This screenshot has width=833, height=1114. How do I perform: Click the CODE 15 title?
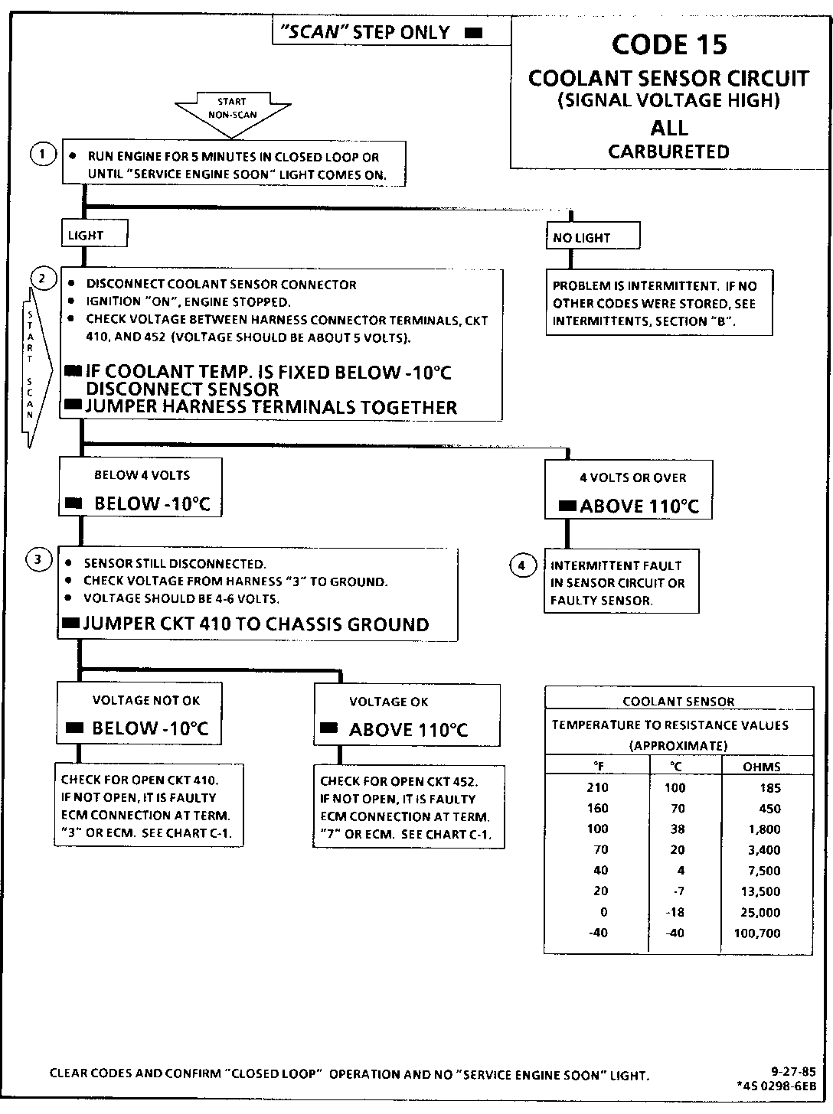[x=669, y=45]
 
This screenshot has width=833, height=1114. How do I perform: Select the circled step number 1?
[x=43, y=155]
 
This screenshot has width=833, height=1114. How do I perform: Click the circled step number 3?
[x=39, y=560]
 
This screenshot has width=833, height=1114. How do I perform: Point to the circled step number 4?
[x=522, y=566]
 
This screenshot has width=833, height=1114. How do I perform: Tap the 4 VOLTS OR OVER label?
[x=632, y=478]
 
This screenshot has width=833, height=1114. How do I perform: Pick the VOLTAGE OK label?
[x=389, y=702]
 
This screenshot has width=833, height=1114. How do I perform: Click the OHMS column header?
[x=762, y=767]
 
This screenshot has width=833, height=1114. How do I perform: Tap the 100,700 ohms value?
[x=757, y=933]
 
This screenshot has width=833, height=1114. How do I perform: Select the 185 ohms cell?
[x=770, y=788]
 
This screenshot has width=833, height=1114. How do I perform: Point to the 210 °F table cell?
[x=597, y=788]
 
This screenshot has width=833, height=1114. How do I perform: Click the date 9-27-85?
[x=793, y=1072]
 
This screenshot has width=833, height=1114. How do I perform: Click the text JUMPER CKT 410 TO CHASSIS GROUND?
[x=256, y=624]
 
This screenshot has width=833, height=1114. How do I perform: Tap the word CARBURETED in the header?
[x=668, y=151]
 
